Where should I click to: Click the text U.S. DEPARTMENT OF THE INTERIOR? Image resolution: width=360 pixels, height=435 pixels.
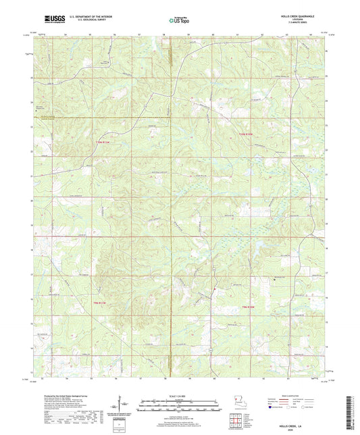(87, 18)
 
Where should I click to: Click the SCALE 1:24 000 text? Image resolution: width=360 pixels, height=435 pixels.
(179, 396)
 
